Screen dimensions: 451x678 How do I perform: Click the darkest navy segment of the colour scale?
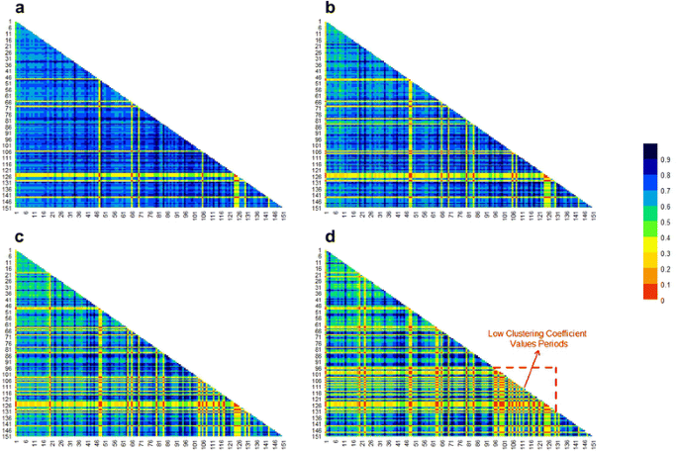point(649,150)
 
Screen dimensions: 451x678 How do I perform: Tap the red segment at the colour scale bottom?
point(649,292)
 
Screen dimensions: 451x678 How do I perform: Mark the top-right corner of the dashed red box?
point(556,369)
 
